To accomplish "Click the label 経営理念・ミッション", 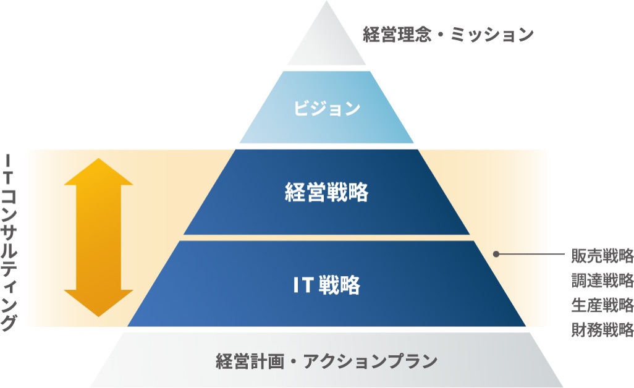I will coord(448,34).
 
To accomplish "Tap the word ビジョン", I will coord(326,109).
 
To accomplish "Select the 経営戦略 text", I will coord(326,193).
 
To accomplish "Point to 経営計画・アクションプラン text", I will coord(326,361).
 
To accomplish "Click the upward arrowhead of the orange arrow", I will coord(99,172).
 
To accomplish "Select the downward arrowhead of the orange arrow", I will coord(99,303).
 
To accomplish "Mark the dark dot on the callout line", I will coord(496,254).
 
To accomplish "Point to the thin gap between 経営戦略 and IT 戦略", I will coord(326,237).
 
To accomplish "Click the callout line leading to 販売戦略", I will coord(531,254).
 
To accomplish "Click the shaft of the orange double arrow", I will coord(99,238).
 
